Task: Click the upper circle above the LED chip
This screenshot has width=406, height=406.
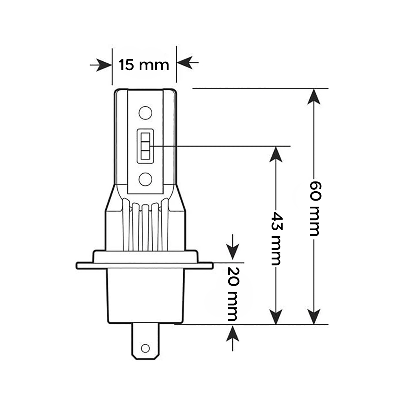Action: pyautogui.click(x=145, y=112)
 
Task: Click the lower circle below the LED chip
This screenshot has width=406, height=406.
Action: pyautogui.click(x=145, y=178)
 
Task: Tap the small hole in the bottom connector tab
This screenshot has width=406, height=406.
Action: pyautogui.click(x=145, y=348)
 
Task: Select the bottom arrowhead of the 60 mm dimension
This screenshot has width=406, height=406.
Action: pyautogui.click(x=315, y=317)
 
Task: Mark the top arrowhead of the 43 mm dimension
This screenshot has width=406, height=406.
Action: pyautogui.click(x=276, y=154)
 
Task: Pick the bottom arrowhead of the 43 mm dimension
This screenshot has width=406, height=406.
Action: pyautogui.click(x=276, y=317)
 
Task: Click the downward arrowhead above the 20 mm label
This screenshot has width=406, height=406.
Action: pyautogui.click(x=232, y=254)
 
